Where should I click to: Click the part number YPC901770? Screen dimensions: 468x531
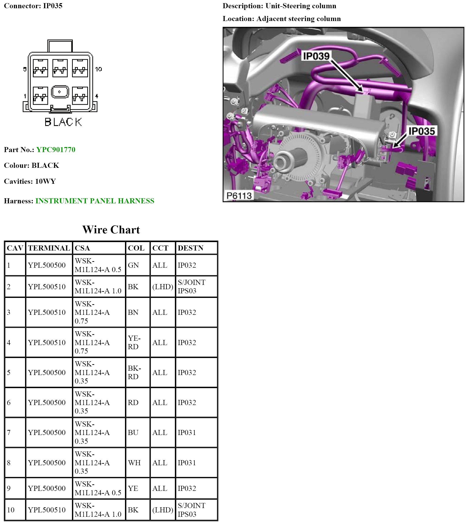(56, 150)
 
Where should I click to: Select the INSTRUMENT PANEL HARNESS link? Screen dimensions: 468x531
(95, 201)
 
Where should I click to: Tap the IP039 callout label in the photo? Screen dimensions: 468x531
(316, 56)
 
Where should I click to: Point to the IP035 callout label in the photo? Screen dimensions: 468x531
(422, 131)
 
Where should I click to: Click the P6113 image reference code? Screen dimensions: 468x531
(239, 195)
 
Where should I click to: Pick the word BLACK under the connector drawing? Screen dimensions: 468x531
(63, 122)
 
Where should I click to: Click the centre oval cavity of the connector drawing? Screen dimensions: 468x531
(60, 92)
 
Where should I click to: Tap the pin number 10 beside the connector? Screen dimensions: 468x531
(98, 69)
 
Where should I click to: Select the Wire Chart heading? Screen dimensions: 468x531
(111, 230)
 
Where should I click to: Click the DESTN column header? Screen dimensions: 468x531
(190, 248)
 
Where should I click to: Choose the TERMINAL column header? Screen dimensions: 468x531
(49, 248)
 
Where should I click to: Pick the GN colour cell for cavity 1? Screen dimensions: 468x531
(133, 265)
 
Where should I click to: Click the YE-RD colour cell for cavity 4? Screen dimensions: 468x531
(134, 342)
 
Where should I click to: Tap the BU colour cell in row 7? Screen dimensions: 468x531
(133, 433)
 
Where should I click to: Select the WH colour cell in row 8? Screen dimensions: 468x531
(134, 463)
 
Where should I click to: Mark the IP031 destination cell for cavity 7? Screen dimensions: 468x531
(186, 433)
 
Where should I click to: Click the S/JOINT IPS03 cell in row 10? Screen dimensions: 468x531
(191, 510)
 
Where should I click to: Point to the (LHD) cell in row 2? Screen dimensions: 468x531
(163, 287)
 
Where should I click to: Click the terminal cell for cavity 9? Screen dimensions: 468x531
(47, 488)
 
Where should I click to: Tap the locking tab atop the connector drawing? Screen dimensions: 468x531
(60, 46)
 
